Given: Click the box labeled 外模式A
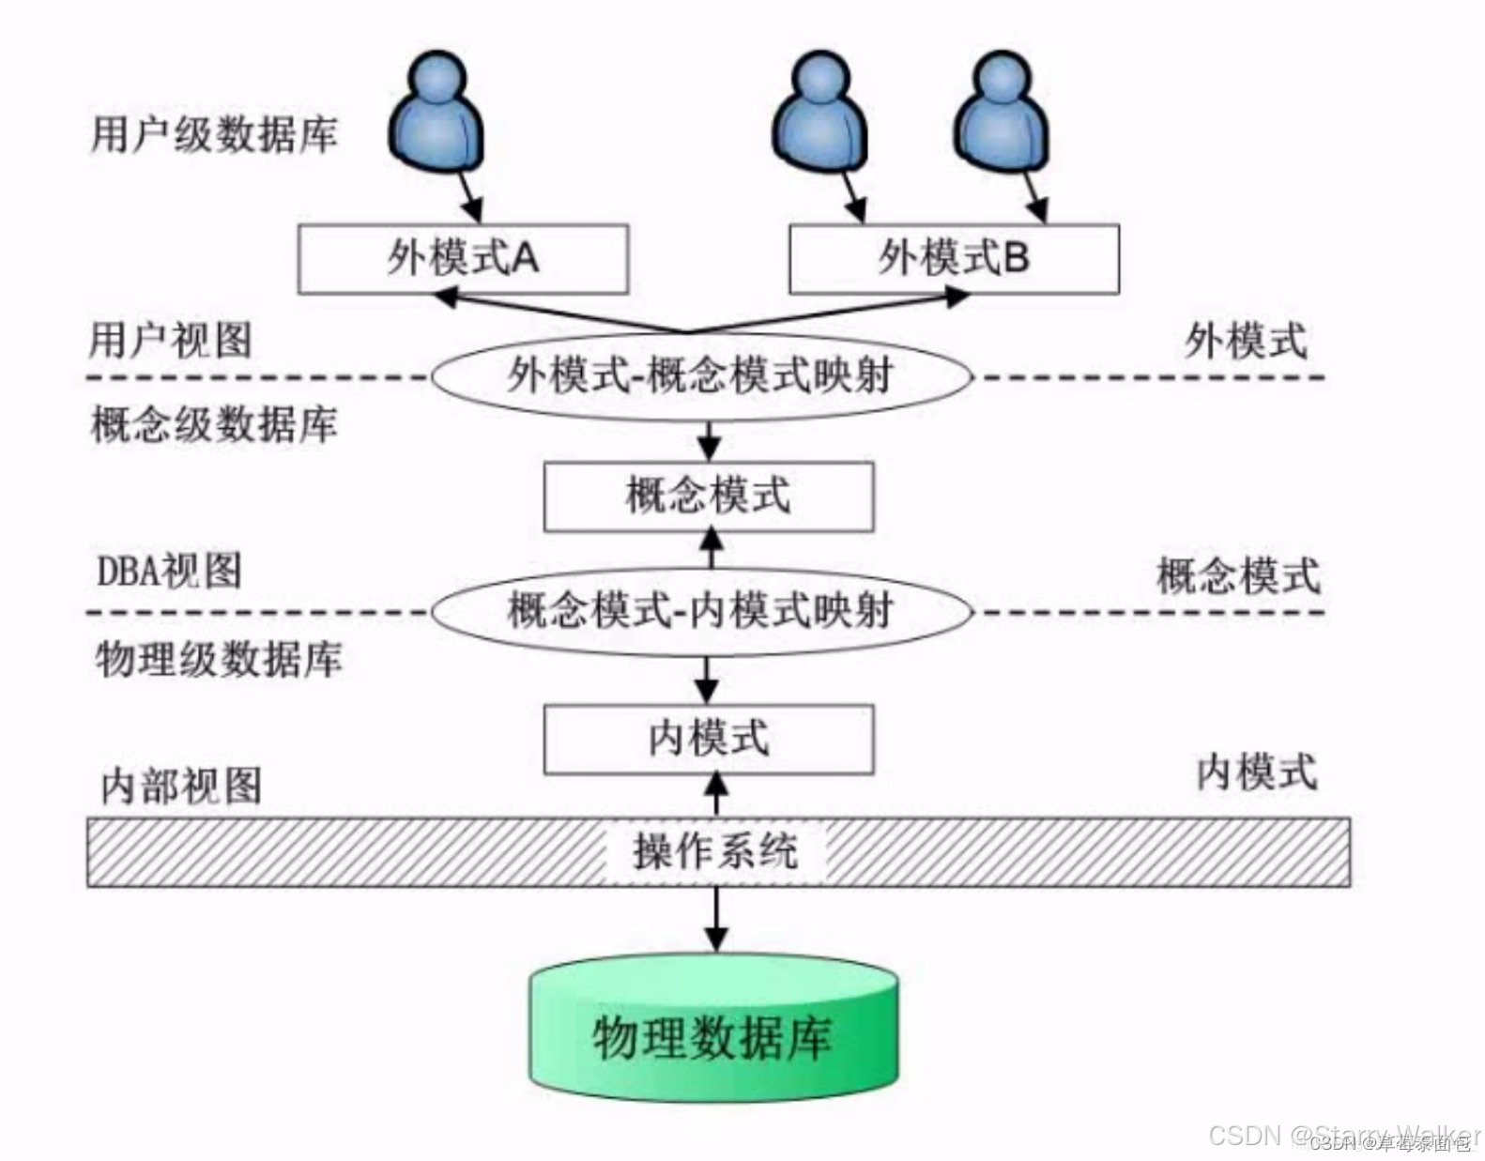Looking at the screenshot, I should tap(463, 258).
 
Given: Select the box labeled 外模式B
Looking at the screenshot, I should tap(954, 258).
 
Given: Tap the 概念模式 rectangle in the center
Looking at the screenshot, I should tap(709, 496).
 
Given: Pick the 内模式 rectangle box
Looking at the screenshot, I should tap(709, 739).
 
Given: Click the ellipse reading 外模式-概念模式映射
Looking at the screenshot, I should tap(700, 376).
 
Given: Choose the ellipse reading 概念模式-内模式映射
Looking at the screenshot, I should tap(700, 611).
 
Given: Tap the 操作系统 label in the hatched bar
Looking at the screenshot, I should tap(715, 852).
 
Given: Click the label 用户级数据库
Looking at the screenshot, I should tap(214, 134).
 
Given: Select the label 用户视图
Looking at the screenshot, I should tap(171, 340).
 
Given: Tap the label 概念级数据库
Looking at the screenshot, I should tap(214, 424).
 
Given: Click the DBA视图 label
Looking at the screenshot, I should tap(169, 571).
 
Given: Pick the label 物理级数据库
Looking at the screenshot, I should tap(218, 659).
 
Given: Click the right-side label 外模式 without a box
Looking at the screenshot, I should tap(1245, 340).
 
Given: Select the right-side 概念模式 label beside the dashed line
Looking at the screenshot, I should tap(1238, 575).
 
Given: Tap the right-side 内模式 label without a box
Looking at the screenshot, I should tap(1256, 772).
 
